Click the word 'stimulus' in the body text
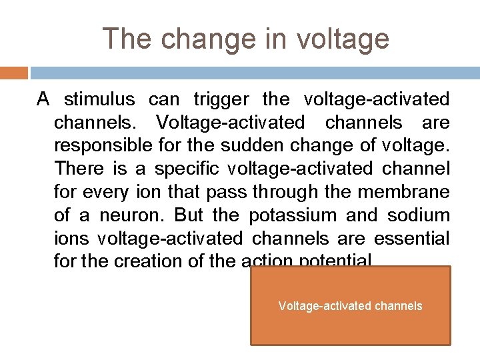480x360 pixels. (x=99, y=100)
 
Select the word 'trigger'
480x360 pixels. (x=221, y=100)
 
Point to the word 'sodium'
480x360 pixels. (x=419, y=216)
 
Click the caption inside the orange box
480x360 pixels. (x=350, y=306)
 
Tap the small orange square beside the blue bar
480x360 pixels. (x=14, y=72)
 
